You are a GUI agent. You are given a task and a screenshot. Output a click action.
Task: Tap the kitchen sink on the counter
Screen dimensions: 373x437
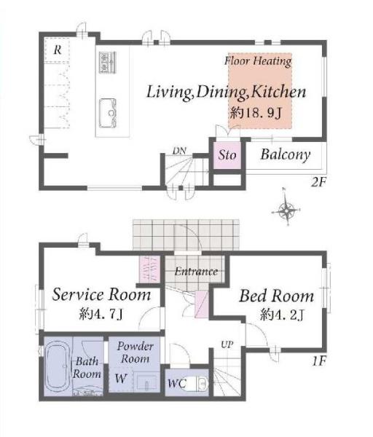[108, 113]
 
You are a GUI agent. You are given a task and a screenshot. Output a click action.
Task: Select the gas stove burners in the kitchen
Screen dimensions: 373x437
[107, 63]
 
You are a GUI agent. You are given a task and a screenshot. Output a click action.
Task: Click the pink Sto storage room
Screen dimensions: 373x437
[227, 155]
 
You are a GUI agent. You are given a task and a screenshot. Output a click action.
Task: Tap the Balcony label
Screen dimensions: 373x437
[285, 154]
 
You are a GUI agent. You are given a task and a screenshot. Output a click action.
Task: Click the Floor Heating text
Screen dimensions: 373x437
[258, 61]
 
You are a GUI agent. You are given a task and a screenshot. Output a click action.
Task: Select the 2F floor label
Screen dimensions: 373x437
[318, 183]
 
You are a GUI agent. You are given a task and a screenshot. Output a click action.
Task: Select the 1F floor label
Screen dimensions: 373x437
[319, 361]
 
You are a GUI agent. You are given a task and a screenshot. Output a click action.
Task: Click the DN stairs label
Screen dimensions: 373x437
[179, 151]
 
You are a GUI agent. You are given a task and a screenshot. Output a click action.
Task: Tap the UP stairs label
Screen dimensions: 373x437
[227, 345]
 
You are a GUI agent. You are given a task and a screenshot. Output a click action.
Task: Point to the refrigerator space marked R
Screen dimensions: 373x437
[57, 50]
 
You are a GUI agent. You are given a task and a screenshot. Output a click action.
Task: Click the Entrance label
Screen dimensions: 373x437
[196, 271]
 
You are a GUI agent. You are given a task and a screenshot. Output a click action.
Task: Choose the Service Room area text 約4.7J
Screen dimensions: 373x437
[101, 314]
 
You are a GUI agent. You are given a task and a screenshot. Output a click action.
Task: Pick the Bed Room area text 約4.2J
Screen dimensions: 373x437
[281, 315]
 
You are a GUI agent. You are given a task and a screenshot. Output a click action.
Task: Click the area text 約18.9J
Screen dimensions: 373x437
[256, 113]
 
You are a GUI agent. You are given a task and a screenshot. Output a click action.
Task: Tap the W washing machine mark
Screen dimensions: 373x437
[121, 378]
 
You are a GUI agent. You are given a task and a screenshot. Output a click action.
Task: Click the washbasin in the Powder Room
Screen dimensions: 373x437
[146, 382]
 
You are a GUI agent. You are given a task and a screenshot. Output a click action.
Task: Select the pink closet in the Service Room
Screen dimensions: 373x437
[149, 269]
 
